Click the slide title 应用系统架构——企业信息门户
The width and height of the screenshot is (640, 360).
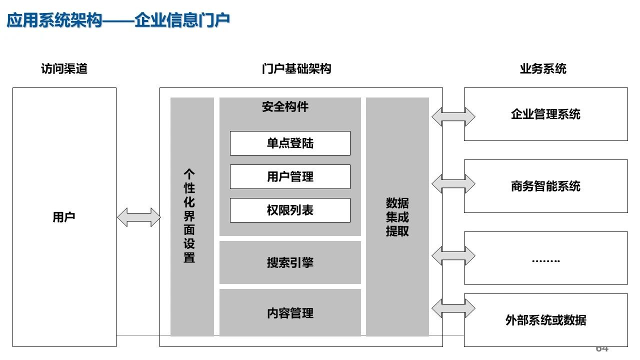[118, 20]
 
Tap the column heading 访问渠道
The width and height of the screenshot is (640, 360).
[64, 69]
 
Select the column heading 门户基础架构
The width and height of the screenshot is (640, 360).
[296, 69]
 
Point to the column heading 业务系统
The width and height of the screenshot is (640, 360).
[543, 69]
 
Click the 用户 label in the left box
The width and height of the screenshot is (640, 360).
[64, 217]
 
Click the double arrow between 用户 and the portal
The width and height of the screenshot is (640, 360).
[138, 217]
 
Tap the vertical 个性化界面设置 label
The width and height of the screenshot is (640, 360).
[189, 216]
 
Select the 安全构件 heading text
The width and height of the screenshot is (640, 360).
[285, 106]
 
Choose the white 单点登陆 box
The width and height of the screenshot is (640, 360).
[290, 143]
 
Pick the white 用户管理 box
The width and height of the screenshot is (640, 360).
[290, 176]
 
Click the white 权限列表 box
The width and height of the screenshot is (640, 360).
[290, 210]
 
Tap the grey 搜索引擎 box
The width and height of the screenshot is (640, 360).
[290, 262]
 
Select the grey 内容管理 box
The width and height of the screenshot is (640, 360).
[290, 313]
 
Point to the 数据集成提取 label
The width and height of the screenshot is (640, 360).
[397, 217]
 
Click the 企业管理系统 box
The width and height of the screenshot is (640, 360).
[545, 114]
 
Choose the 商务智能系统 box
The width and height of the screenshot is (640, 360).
[545, 186]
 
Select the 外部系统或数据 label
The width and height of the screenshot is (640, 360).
[545, 320]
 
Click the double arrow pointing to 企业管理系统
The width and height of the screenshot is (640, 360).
[453, 116]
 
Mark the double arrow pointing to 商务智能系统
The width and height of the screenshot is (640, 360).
[453, 183]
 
